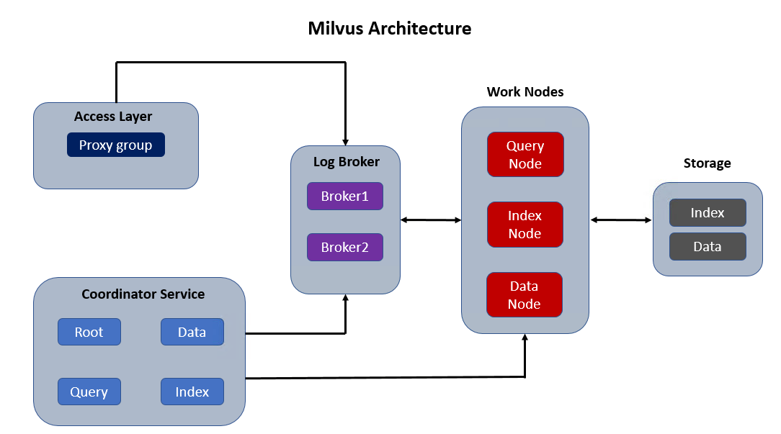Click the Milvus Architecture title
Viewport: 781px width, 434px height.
coord(390,28)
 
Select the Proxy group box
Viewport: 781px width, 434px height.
coord(116,145)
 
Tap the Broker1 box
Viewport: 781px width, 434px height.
coord(344,196)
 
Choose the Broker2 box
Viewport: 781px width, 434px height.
coord(344,248)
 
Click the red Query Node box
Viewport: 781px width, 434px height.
coord(525,154)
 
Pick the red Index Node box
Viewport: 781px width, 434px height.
coord(525,225)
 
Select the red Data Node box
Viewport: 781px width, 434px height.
coord(525,294)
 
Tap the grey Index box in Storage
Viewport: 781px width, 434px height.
coord(708,212)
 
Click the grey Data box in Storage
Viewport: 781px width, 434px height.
coord(708,246)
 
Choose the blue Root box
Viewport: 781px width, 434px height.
coord(89,332)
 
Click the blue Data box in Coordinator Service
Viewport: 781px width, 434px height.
coord(192,332)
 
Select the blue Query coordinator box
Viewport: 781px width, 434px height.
coord(89,392)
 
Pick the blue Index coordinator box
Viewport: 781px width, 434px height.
coord(192,392)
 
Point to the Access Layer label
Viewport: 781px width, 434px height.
coord(113,117)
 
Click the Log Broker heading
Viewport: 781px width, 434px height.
coord(346,162)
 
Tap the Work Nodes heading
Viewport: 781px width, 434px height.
coord(525,92)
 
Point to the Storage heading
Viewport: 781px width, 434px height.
coord(708,163)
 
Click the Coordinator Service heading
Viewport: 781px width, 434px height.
coord(143,294)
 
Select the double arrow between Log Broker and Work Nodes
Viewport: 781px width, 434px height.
coord(431,220)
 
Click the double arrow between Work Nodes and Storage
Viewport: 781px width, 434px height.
coord(621,220)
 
